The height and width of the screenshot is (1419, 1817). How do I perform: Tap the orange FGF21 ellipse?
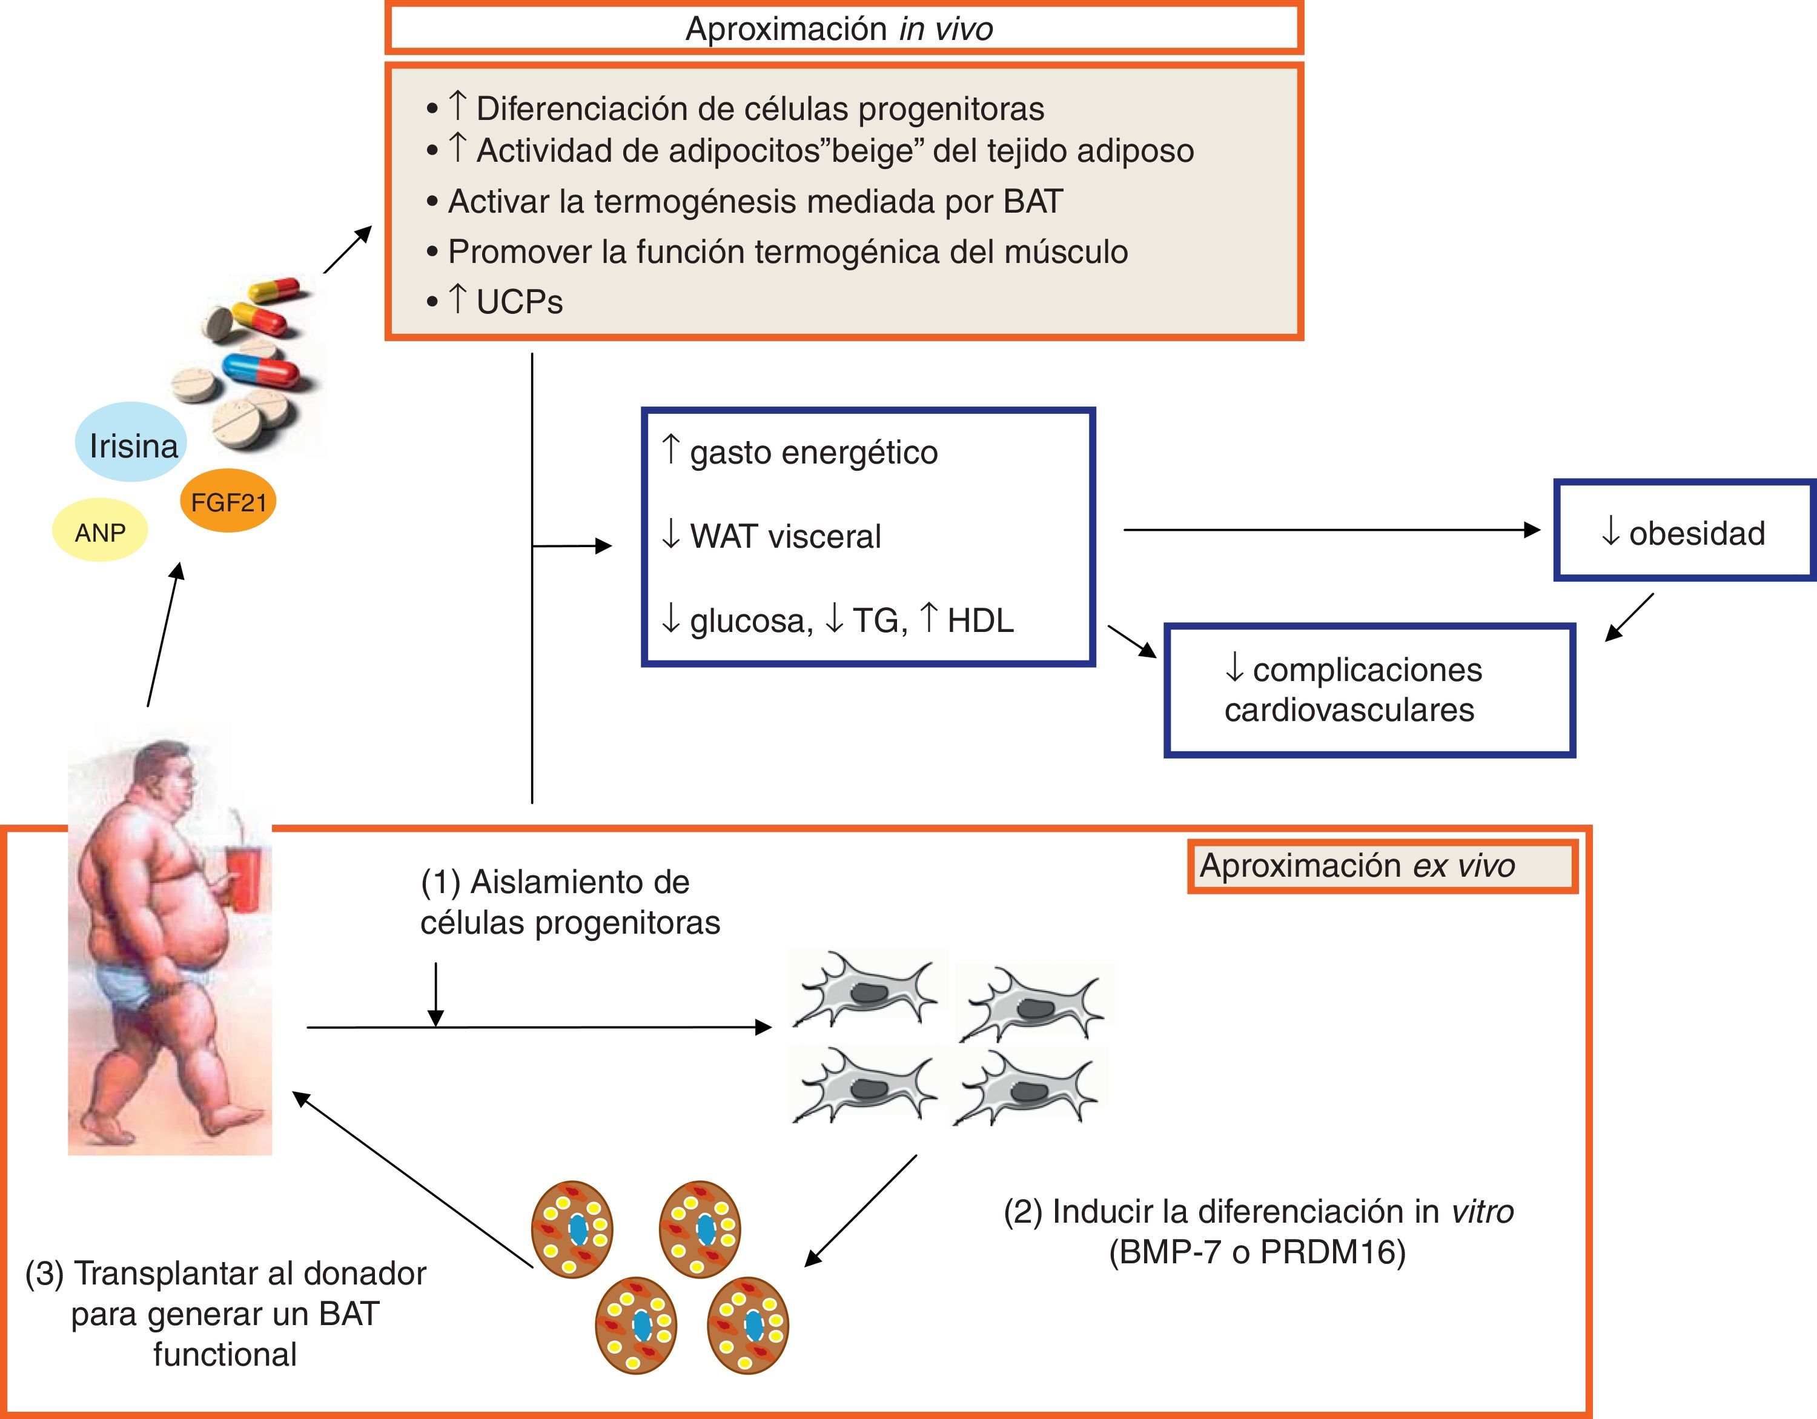click(228, 502)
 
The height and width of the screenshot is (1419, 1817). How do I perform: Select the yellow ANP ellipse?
click(100, 531)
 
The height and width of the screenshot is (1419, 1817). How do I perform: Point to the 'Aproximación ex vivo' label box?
click(1381, 866)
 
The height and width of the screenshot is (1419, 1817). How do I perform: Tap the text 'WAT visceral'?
click(784, 537)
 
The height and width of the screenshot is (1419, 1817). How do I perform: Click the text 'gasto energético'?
click(812, 453)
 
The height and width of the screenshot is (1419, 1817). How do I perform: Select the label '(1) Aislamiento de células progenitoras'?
click(570, 902)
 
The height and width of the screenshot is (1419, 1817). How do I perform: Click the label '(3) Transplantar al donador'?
click(225, 1274)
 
